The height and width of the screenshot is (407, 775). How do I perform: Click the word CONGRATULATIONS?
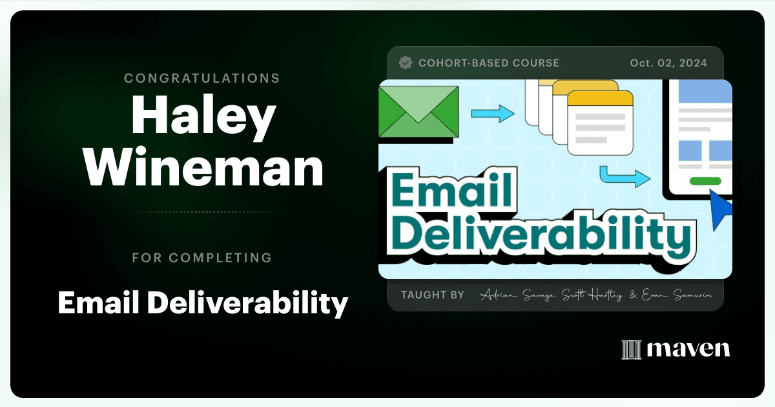click(x=201, y=78)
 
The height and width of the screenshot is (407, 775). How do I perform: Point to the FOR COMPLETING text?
click(x=201, y=258)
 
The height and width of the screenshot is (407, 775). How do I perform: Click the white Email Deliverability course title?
click(x=203, y=303)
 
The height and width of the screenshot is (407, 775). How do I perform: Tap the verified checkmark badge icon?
click(x=406, y=63)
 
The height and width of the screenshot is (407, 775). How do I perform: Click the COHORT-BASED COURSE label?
click(x=489, y=63)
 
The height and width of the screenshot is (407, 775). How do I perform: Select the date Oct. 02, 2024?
click(x=668, y=63)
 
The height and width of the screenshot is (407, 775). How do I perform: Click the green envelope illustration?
click(x=418, y=112)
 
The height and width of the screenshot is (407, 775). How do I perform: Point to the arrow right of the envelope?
click(x=493, y=114)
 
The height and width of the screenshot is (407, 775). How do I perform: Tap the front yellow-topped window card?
click(x=601, y=123)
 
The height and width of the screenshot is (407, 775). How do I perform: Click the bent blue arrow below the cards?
click(x=625, y=176)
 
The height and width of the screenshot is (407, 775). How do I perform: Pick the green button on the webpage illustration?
click(x=705, y=181)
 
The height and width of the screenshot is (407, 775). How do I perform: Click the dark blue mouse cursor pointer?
click(x=719, y=208)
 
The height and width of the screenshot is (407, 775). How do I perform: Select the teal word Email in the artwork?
click(x=452, y=190)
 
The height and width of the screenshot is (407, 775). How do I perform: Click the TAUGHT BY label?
click(x=433, y=295)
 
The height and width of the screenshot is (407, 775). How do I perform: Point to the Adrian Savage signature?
click(x=518, y=295)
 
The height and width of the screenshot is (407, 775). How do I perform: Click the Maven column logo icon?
click(x=632, y=350)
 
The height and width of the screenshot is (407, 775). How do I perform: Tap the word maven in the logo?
click(x=688, y=349)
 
